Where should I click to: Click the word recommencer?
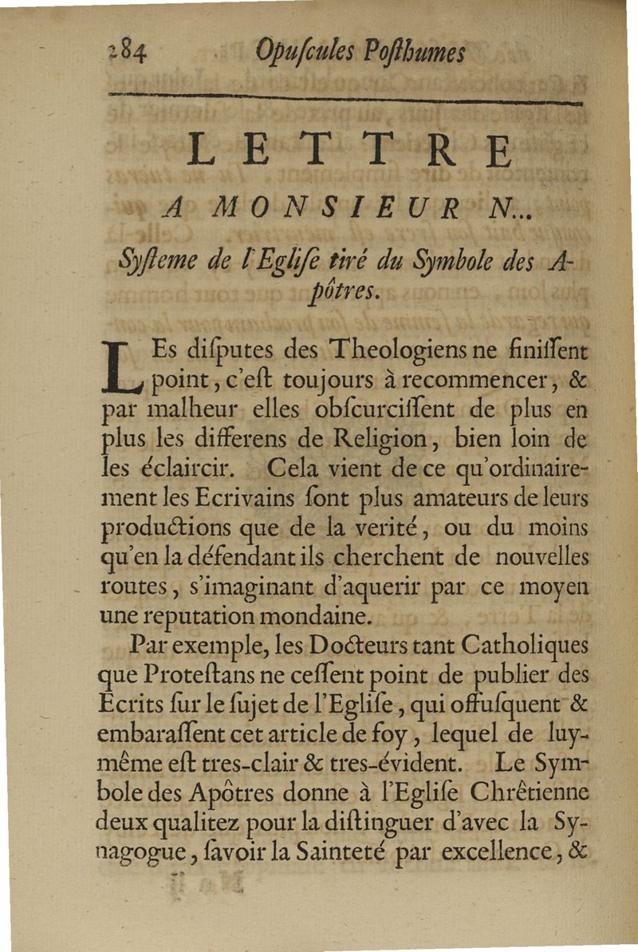pyautogui.click(x=461, y=380)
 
